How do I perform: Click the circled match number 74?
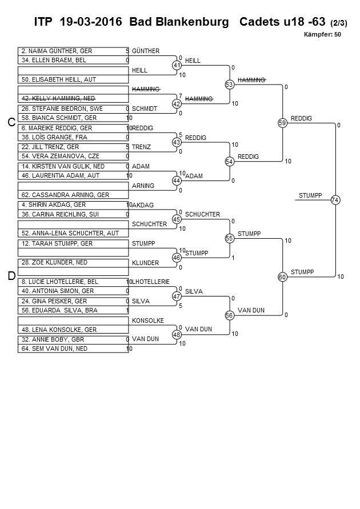point(335,200)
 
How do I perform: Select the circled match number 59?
point(282,123)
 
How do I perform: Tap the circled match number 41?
point(177,65)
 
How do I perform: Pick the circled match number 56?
point(230,315)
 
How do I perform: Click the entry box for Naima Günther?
point(73,51)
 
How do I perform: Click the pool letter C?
point(11,122)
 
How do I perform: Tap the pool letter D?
point(11,276)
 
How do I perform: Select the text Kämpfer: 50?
point(322,34)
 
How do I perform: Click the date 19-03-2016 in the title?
point(91,22)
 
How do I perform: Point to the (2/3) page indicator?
point(339,23)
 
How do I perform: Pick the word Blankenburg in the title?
point(192,22)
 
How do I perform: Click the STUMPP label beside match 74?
point(310,195)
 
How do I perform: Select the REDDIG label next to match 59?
point(301,118)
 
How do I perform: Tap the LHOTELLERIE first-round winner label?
point(151,282)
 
